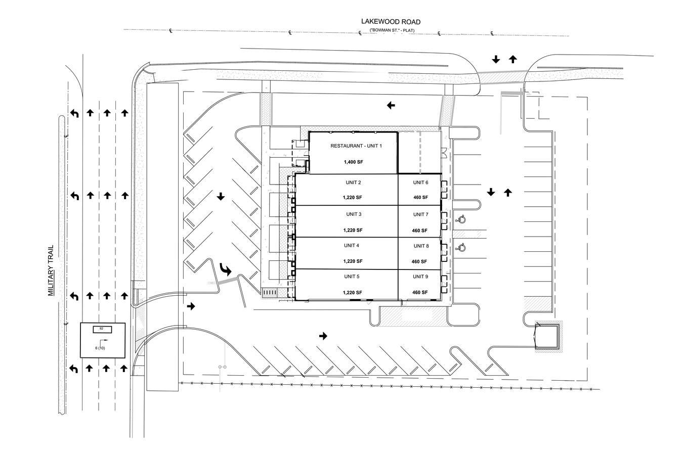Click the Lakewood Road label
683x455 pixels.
[x=391, y=22]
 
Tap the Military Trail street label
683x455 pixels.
[x=51, y=271]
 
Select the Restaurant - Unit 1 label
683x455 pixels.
[x=356, y=146]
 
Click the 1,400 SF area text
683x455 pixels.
[x=354, y=162]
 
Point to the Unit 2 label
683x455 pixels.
[x=353, y=183]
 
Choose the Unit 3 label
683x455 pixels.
[x=354, y=214]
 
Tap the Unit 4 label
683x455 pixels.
[x=352, y=246]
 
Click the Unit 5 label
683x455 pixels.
[x=352, y=277]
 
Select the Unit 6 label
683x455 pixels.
[x=420, y=183]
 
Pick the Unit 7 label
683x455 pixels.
[x=420, y=214]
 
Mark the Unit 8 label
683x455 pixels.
[x=421, y=246]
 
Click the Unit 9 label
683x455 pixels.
[x=420, y=277]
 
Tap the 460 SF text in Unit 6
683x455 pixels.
[x=420, y=198]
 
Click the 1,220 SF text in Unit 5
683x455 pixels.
[x=352, y=293]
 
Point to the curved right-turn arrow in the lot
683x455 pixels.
[x=225, y=270]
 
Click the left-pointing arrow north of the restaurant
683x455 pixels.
[x=391, y=106]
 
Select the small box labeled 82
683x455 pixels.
[x=102, y=329]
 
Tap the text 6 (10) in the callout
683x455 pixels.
[x=100, y=348]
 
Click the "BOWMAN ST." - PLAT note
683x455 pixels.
[x=392, y=30]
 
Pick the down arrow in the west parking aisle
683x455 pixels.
[x=221, y=196]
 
